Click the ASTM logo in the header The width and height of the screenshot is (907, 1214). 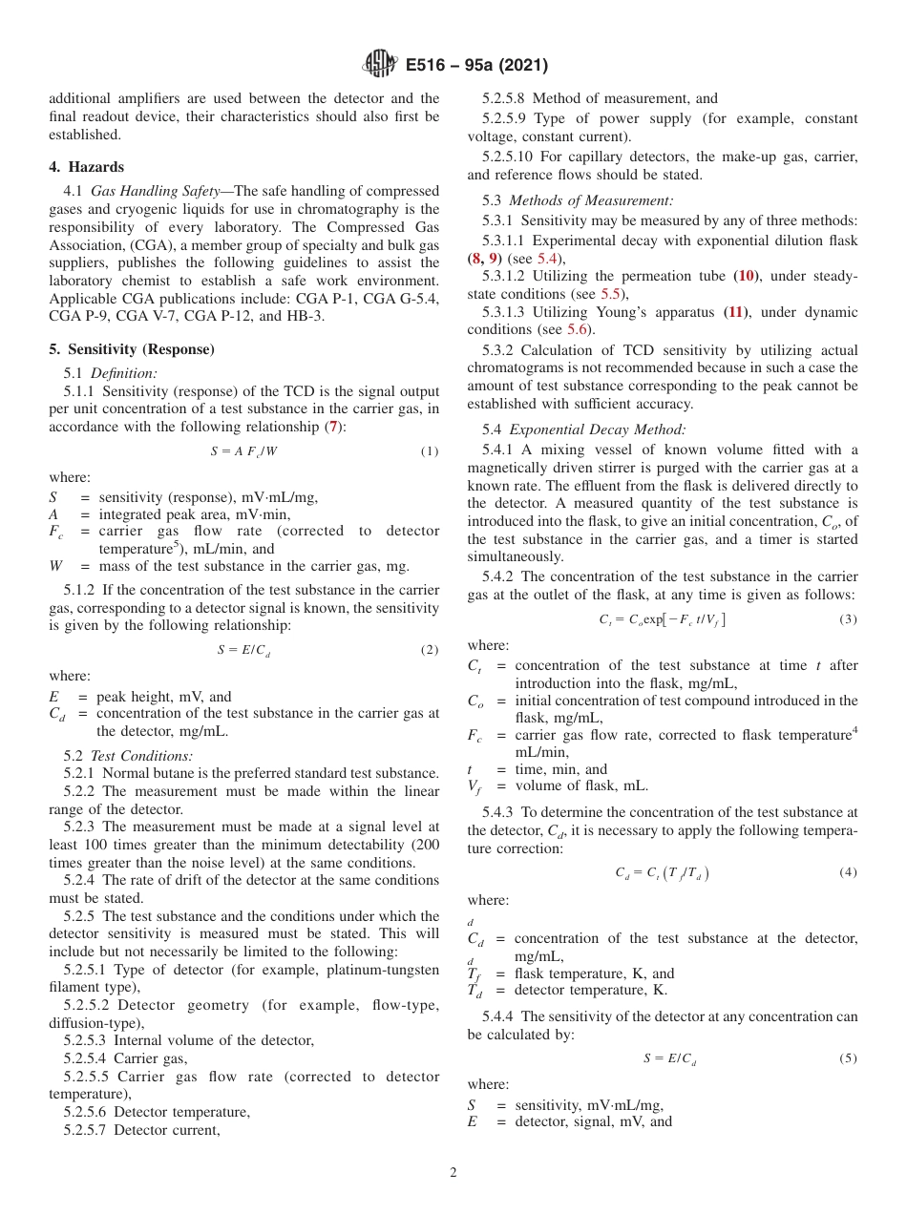point(382,65)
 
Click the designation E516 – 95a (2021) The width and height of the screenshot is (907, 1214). point(476,66)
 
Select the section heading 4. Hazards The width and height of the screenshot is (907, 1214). point(87,167)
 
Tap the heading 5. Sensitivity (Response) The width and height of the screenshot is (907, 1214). point(132,349)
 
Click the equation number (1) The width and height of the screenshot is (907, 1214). point(430,451)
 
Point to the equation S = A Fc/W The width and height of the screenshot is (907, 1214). point(244,451)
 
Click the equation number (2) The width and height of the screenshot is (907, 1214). point(430,650)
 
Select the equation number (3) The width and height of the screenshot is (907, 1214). point(848,619)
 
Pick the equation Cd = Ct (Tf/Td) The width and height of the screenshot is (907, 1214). point(662,872)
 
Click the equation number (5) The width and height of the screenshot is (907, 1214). point(848,1058)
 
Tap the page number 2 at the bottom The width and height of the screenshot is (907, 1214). point(453,1173)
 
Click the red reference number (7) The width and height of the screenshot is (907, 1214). point(332,427)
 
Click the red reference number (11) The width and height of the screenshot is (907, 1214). point(735,312)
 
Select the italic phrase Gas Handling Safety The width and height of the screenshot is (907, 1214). point(155,192)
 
